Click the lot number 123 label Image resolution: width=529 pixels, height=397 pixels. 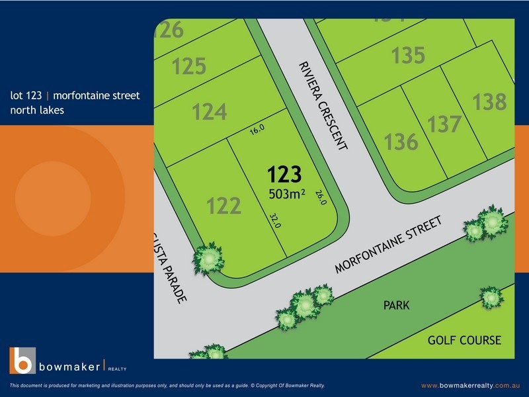click(x=284, y=175)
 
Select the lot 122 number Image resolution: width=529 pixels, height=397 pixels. click(x=224, y=206)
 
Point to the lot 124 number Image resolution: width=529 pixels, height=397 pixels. click(x=210, y=112)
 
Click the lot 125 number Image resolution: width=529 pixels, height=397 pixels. click(x=189, y=66)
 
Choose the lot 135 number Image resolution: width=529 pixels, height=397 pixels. click(x=408, y=56)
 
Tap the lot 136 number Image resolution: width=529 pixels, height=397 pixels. click(x=401, y=142)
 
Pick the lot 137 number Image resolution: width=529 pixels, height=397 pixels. click(x=444, y=124)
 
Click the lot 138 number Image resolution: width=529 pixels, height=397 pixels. click(x=489, y=102)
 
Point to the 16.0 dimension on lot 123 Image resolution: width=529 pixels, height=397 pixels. click(x=257, y=130)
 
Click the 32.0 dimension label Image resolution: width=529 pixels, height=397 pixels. click(x=275, y=221)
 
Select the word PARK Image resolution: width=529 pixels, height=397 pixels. click(x=396, y=306)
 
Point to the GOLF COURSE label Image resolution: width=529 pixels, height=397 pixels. click(x=464, y=341)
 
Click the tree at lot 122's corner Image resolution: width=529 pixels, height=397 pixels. click(x=210, y=257)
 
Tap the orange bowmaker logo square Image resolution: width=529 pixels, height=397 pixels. click(x=22, y=360)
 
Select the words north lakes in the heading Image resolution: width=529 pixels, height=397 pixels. click(x=37, y=110)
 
